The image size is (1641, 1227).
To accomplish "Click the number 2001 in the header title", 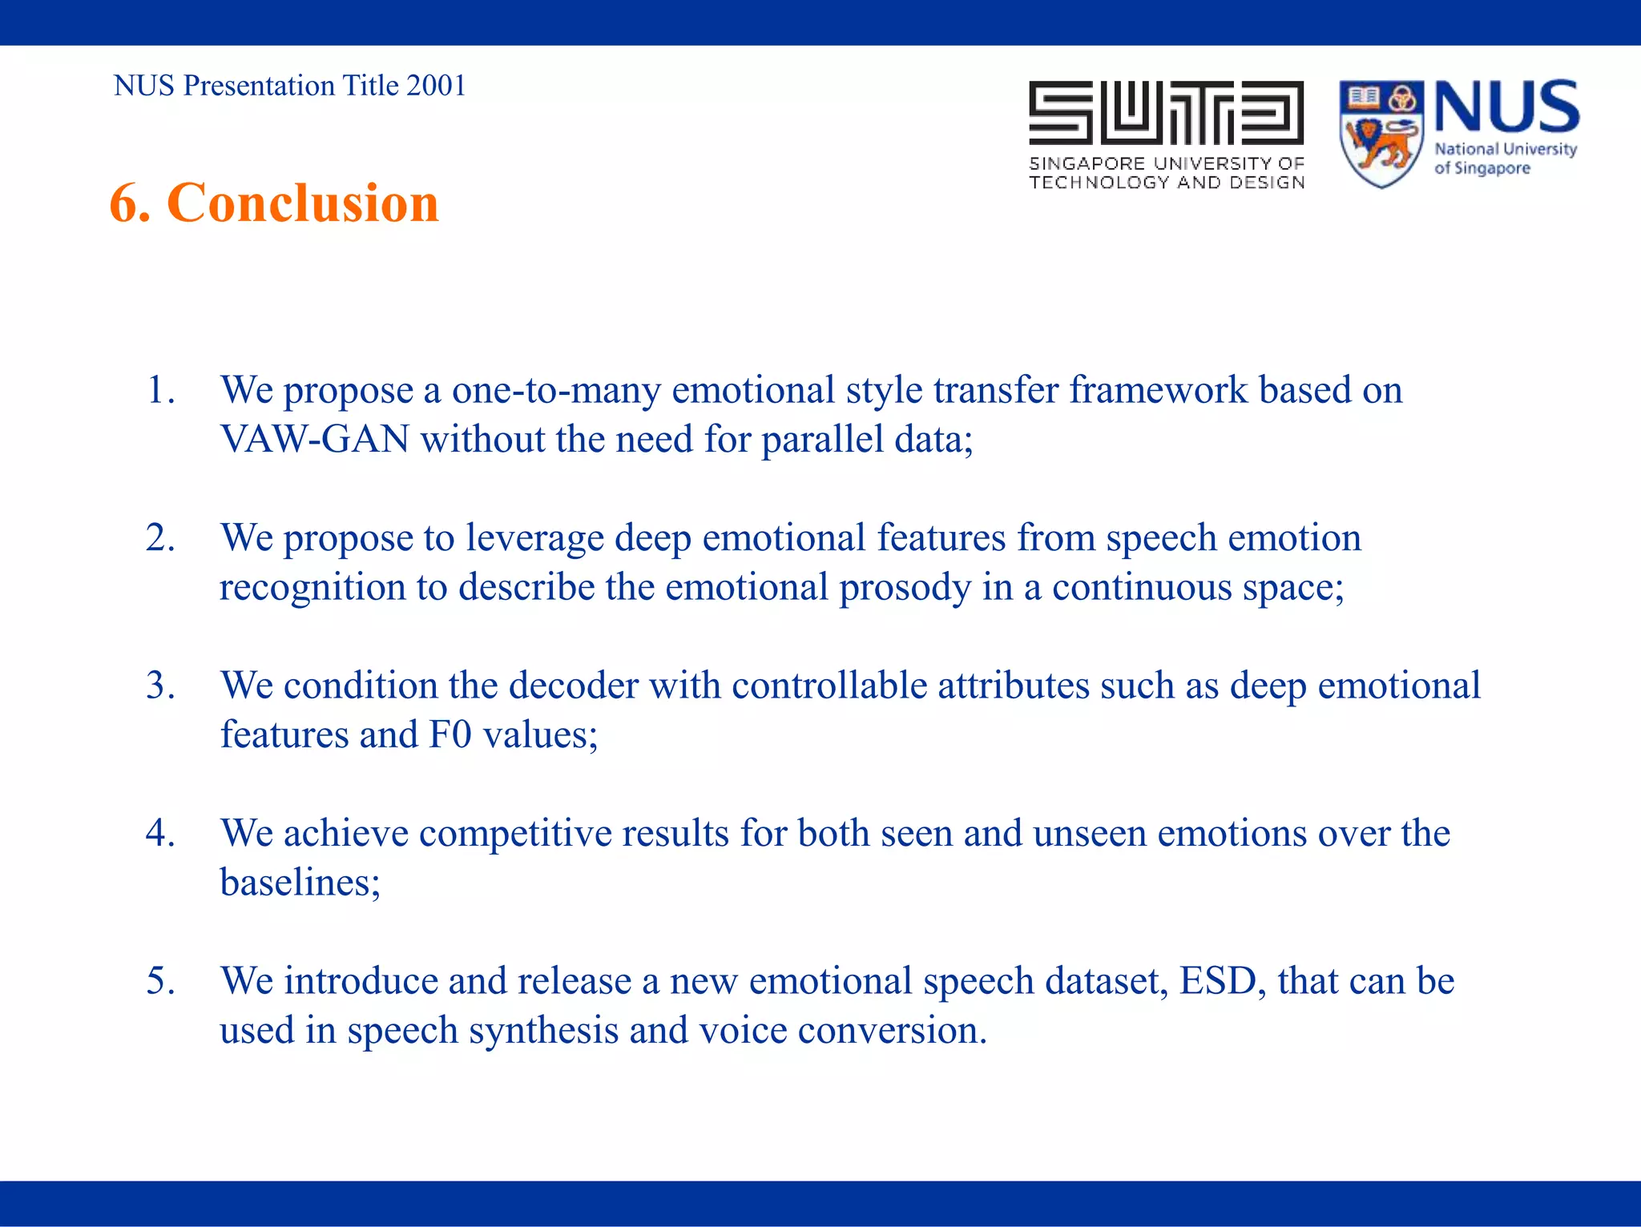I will click(436, 86).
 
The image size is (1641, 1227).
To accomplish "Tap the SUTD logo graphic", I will click(1166, 114).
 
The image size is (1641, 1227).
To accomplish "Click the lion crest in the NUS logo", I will click(1381, 135).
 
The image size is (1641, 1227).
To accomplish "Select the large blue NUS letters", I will click(1506, 107).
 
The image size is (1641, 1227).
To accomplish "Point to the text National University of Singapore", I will click(1504, 159).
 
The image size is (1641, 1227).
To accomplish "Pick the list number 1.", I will click(160, 391).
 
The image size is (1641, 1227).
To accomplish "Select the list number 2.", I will click(160, 538).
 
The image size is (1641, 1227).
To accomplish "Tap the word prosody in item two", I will click(905, 588).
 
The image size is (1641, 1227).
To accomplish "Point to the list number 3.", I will click(160, 686).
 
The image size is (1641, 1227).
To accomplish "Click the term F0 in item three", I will click(450, 735).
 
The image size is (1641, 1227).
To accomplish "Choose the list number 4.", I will click(160, 834).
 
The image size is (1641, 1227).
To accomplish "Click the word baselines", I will click(296, 883).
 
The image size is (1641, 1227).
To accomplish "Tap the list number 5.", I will click(160, 981).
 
